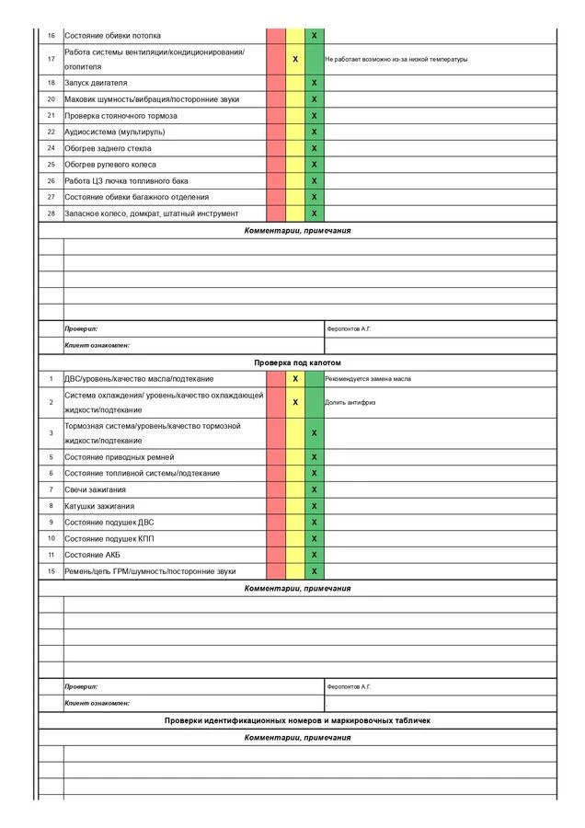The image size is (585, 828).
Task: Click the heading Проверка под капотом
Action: coord(297,362)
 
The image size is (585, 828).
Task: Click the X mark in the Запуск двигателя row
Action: coord(315,83)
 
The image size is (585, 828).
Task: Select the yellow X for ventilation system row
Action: coord(295,59)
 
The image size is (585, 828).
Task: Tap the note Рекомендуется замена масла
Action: coord(368,379)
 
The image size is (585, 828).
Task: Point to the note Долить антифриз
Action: coord(350,402)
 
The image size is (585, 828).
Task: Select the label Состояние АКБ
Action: coord(92,555)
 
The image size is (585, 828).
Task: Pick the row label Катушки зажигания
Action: coord(99,506)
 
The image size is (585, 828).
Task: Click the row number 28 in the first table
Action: coord(52,213)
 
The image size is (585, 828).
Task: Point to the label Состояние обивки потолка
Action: coord(112,36)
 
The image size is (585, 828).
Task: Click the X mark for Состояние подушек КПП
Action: coord(315,538)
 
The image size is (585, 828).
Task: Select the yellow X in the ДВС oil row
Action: coord(295,379)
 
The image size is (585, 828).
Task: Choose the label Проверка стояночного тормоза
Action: coord(120,116)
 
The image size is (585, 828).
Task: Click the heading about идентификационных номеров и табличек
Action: coord(297,720)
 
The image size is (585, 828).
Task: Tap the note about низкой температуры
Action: coord(396,59)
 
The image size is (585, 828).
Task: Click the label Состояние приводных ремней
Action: coord(120,456)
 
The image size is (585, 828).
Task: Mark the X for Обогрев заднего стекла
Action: coord(315,148)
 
